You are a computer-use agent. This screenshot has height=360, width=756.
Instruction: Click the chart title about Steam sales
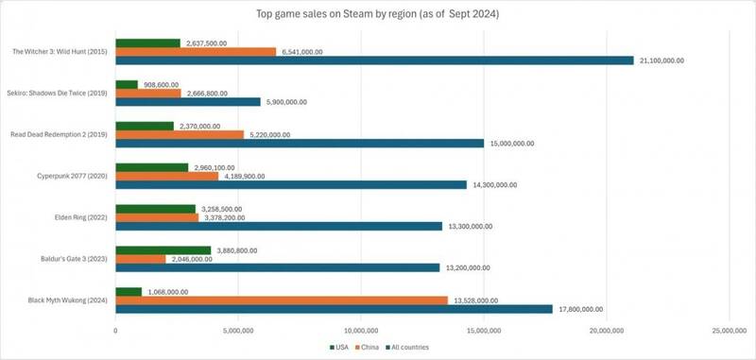[x=378, y=14]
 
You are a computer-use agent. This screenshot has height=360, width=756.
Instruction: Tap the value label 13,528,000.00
[x=477, y=300]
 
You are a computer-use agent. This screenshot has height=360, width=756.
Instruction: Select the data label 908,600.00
[x=163, y=84]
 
